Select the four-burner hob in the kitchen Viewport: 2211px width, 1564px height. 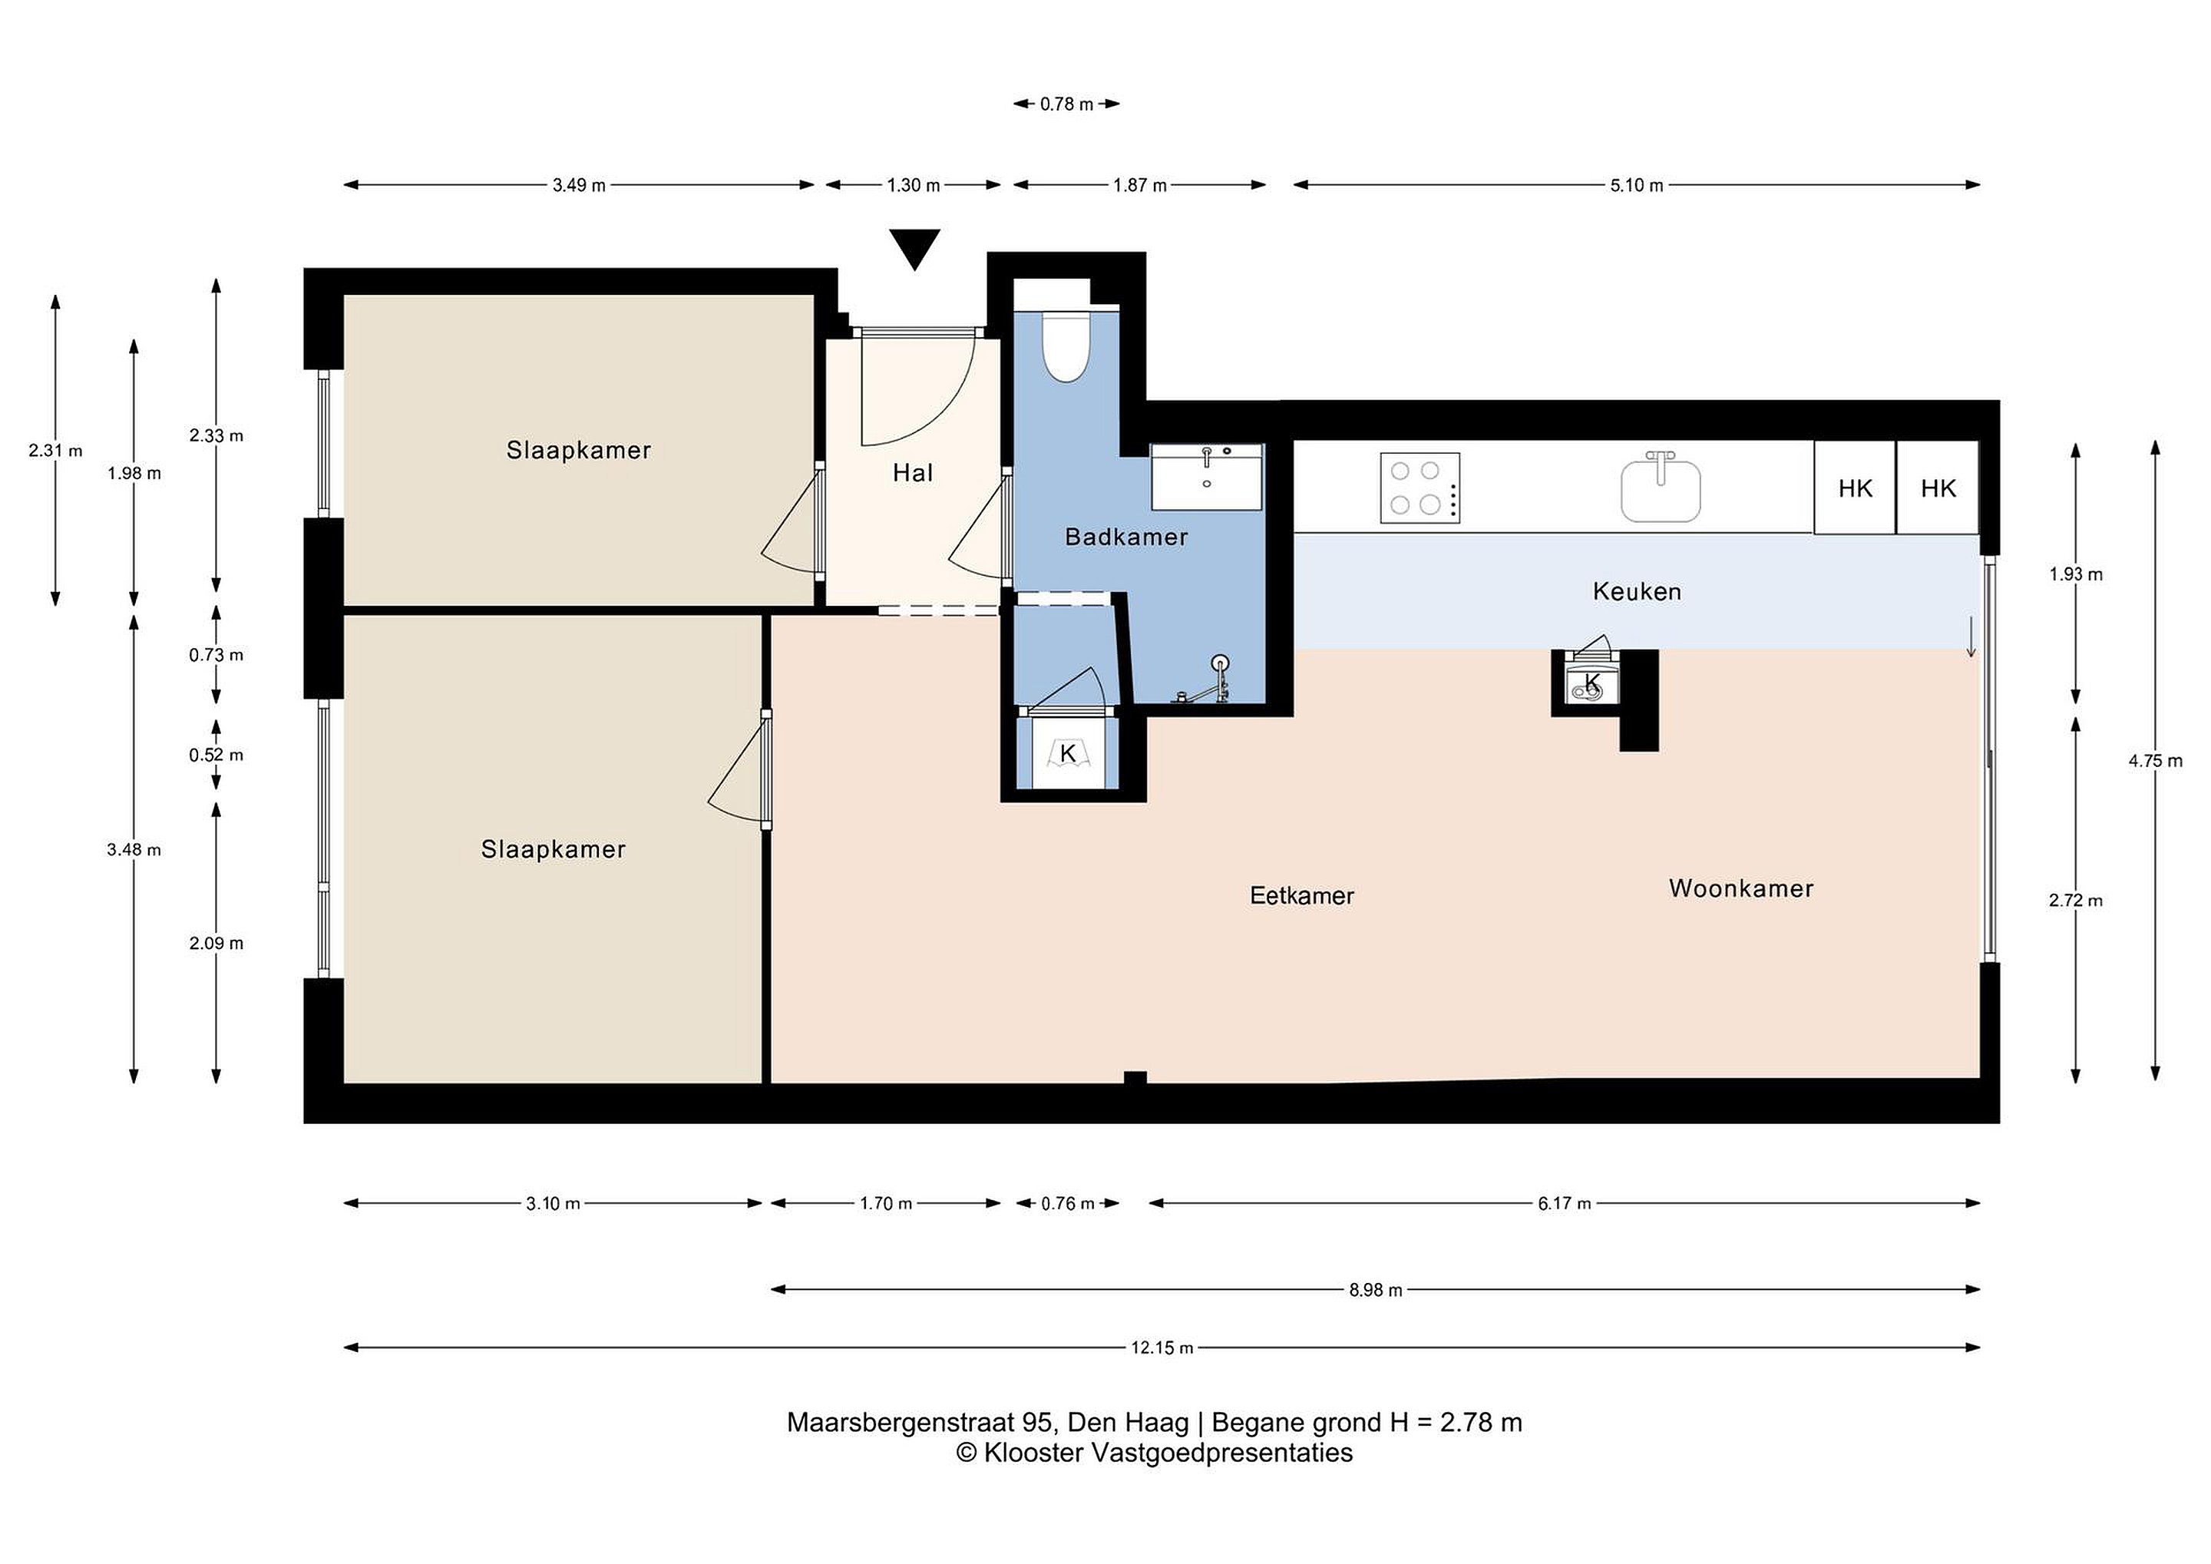[x=1419, y=488]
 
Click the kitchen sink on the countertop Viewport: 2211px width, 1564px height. [x=1661, y=488]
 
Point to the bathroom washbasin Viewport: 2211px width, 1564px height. [x=1207, y=477]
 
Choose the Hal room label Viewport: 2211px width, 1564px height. [x=913, y=473]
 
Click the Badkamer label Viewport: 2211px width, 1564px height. [x=1125, y=537]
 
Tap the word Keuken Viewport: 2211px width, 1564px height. [x=1637, y=591]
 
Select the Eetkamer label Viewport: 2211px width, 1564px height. [x=1302, y=896]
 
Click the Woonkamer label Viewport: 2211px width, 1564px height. [x=1741, y=888]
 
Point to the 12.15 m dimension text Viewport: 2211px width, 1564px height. [x=1162, y=1347]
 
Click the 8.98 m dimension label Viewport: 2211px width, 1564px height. [x=1375, y=1290]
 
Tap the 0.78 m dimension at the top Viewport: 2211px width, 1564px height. [x=1066, y=104]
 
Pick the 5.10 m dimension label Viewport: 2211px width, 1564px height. [x=1636, y=185]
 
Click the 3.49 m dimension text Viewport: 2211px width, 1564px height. [x=579, y=185]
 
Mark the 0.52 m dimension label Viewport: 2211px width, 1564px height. [x=216, y=755]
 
